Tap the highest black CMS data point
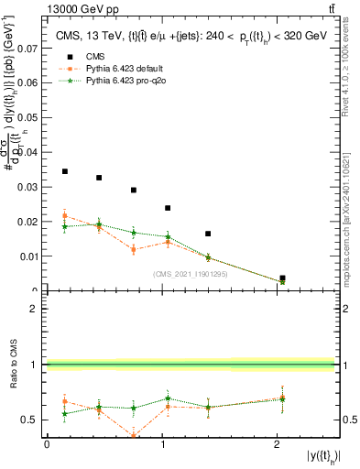coord(64,171)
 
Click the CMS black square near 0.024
coord(168,208)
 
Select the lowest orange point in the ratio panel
coord(134,436)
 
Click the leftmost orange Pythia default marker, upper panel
coord(64,216)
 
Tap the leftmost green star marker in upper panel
coord(64,226)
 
